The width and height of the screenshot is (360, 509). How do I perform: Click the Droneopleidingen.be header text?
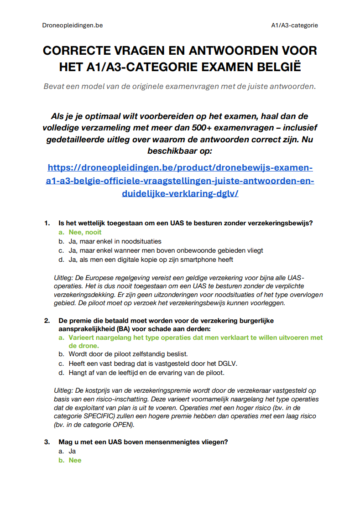[x=69, y=26]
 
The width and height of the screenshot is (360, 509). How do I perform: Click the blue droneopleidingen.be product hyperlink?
[x=180, y=180]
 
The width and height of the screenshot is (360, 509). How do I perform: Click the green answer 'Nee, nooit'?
[x=85, y=232]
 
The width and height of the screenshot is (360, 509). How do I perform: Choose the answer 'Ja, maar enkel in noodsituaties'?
[x=115, y=241]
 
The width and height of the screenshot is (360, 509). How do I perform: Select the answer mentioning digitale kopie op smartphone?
[x=151, y=260]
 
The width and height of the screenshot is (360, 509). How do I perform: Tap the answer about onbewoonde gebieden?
[x=166, y=250]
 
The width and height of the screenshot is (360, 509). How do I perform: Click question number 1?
[x=47, y=223]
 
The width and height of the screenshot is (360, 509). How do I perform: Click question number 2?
[x=47, y=321]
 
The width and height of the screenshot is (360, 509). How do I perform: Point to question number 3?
[x=47, y=442]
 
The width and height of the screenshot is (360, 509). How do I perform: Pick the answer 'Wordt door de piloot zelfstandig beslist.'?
[x=128, y=354]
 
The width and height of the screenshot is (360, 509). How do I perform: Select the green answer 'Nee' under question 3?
[x=75, y=460]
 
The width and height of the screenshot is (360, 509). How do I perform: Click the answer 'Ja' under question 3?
[x=72, y=451]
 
